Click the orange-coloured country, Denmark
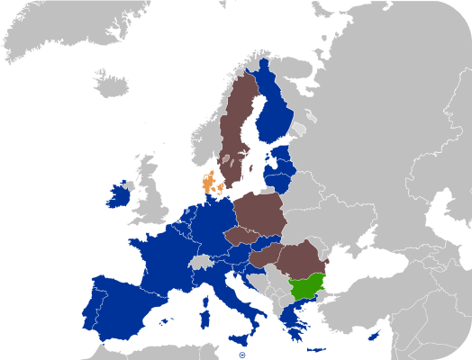[208, 184]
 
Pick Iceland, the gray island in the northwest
[112, 85]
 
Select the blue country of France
[167, 256]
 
